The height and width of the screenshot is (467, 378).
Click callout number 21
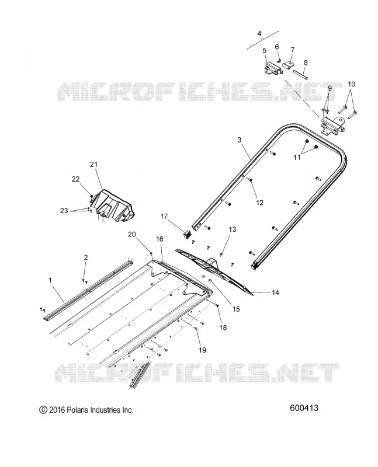(x=93, y=165)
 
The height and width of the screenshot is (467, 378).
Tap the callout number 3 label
(x=240, y=140)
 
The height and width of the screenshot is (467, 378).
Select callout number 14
(x=275, y=292)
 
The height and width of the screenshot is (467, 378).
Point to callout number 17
(x=164, y=216)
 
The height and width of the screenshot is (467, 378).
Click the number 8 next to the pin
(x=306, y=63)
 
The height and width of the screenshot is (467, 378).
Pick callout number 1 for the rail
(x=50, y=280)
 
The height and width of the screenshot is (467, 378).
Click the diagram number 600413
(x=304, y=407)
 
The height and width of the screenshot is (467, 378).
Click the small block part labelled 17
(x=186, y=235)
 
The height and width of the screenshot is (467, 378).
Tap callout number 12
(x=259, y=203)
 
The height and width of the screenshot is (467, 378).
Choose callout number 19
(x=202, y=350)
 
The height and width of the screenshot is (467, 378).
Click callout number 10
(x=352, y=84)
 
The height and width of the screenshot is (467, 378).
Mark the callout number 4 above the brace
(x=259, y=33)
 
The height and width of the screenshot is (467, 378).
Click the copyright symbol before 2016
(x=43, y=410)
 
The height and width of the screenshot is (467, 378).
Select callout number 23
(x=64, y=211)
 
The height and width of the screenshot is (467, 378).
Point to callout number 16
(x=159, y=239)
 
